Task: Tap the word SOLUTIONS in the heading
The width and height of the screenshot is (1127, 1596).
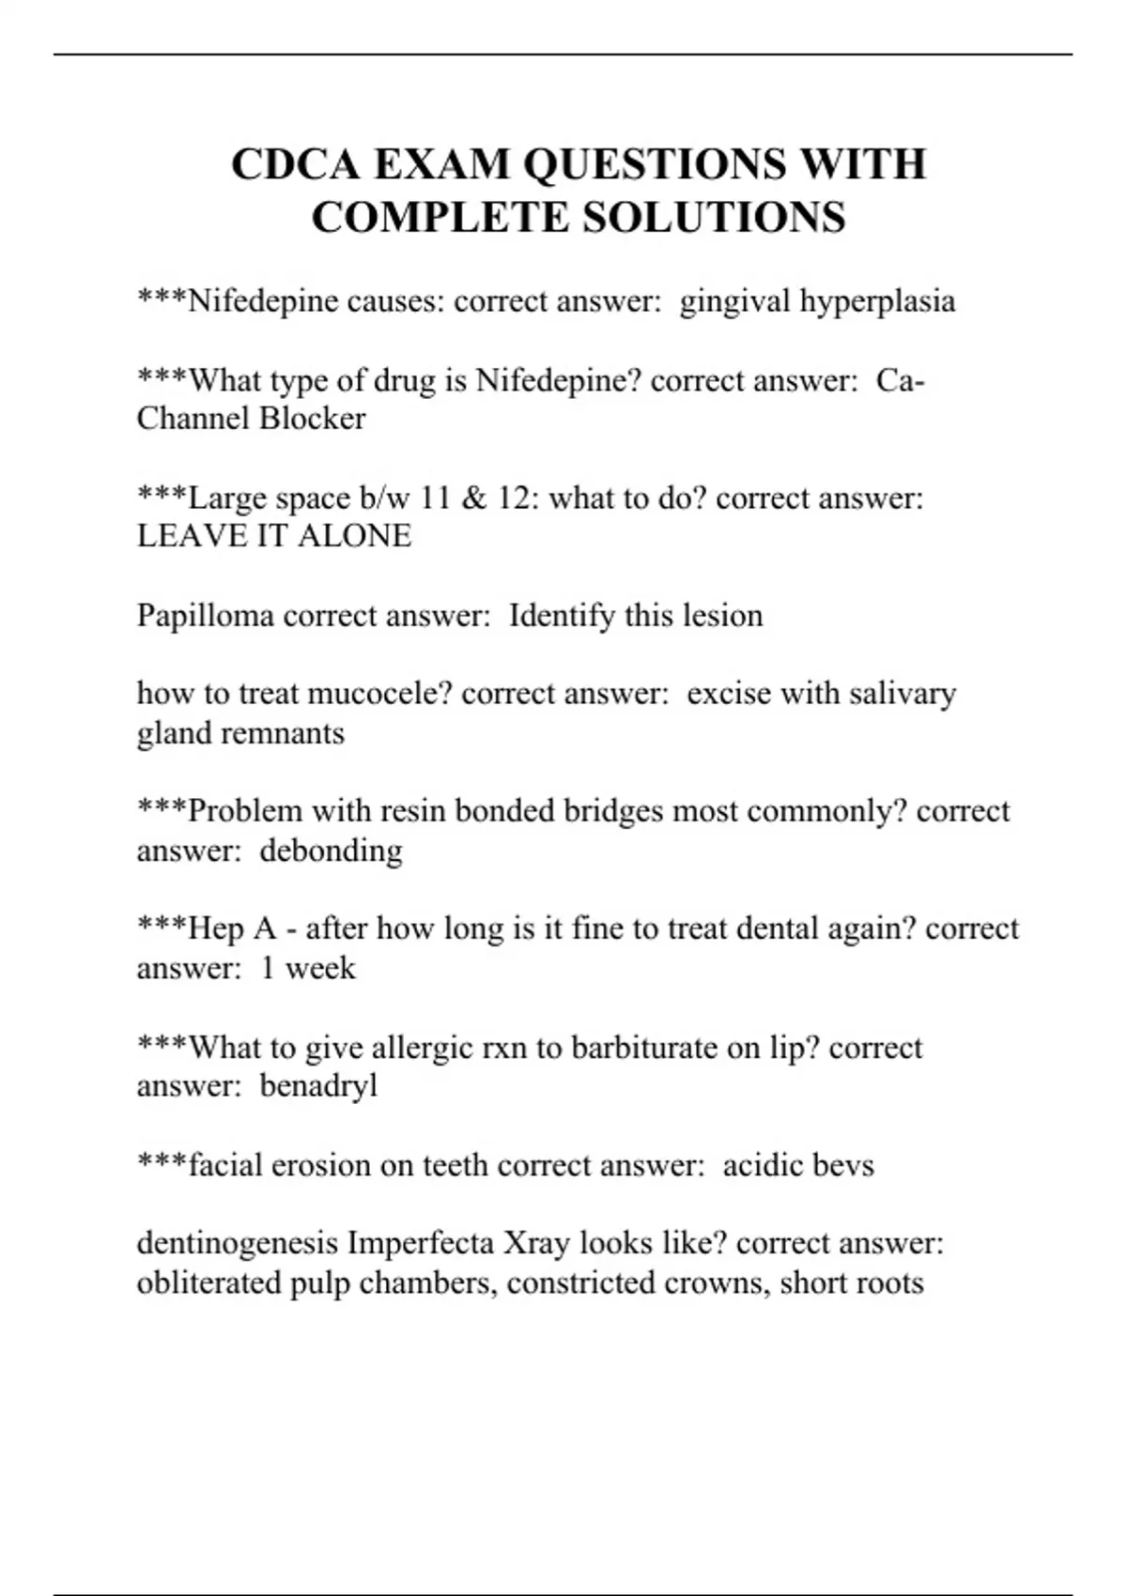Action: pos(714,218)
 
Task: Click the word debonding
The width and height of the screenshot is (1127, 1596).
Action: pos(331,851)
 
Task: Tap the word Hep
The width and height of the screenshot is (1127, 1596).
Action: pos(216,929)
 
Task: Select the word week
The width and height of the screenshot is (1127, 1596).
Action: pos(320,968)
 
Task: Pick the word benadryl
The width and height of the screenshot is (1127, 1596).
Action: pos(318,1086)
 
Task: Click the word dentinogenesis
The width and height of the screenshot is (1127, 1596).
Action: pos(238,1244)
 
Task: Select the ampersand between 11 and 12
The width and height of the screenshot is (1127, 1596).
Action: pos(474,498)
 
